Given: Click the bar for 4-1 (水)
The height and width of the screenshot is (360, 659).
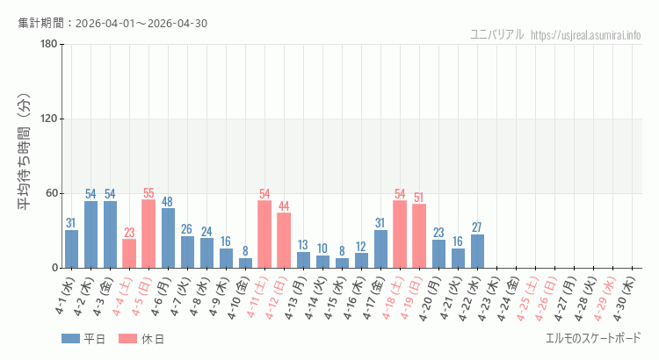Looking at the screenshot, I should (x=71, y=248).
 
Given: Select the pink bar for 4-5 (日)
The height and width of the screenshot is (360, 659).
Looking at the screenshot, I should (x=148, y=234).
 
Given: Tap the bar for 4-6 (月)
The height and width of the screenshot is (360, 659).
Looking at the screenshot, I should (x=168, y=238).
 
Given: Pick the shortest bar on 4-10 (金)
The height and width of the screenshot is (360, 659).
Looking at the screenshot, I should (x=245, y=263).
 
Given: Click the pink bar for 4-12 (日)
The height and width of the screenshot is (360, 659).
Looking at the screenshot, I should (x=284, y=240).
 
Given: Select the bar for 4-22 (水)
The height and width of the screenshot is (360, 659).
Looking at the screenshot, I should (x=477, y=251).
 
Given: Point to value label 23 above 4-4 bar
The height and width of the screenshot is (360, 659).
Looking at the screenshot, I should (x=129, y=233).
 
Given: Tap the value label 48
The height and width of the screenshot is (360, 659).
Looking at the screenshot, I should (x=168, y=201).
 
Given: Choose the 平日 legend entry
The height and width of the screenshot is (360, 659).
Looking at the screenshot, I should (x=83, y=339).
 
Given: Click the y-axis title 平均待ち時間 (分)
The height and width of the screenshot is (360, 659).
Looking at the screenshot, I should (x=25, y=155).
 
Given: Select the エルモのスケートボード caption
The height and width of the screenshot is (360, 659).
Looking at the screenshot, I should (x=593, y=338).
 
